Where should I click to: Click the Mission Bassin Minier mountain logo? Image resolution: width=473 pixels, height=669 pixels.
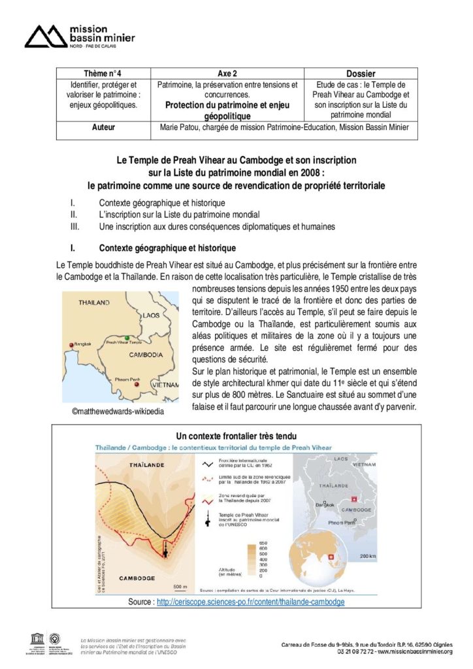45,37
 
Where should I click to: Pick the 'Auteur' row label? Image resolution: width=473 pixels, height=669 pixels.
103,127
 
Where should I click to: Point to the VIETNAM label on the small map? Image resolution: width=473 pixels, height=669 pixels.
163,385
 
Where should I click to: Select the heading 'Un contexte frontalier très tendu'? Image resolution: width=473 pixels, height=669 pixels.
236,436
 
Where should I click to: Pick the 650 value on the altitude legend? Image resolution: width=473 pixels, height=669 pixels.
263,544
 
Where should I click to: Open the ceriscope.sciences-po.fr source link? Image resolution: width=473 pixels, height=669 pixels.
250,601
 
